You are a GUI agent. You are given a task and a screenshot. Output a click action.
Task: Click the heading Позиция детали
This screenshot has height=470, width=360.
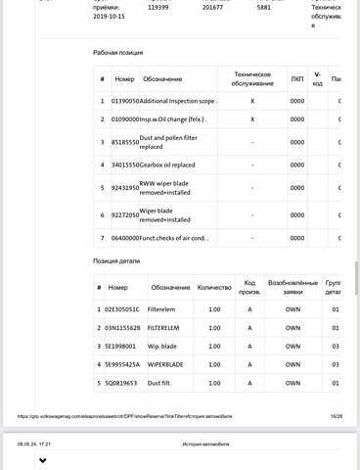[117, 261]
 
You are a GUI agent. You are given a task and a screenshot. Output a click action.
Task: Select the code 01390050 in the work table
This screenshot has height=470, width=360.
[125, 100]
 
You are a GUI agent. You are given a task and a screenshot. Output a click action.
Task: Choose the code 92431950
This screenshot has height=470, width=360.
[125, 187]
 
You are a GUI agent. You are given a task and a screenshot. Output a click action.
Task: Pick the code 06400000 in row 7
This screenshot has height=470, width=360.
[125, 238]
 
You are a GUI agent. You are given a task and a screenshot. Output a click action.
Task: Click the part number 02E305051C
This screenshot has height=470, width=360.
[124, 309]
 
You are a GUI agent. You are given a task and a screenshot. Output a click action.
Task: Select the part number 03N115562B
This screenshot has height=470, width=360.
[124, 328]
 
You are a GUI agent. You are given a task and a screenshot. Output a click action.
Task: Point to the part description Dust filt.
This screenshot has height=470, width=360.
[162, 382]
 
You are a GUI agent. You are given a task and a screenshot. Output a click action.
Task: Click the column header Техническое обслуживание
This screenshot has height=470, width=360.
[252, 77]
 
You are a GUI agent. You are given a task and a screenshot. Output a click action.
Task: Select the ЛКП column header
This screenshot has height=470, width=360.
[297, 77]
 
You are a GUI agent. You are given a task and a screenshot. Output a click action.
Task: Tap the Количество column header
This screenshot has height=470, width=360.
[215, 288]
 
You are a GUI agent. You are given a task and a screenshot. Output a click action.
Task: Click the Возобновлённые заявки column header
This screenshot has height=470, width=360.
[293, 288]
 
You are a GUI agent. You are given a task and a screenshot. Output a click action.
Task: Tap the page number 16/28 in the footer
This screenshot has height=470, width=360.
[336, 415]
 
